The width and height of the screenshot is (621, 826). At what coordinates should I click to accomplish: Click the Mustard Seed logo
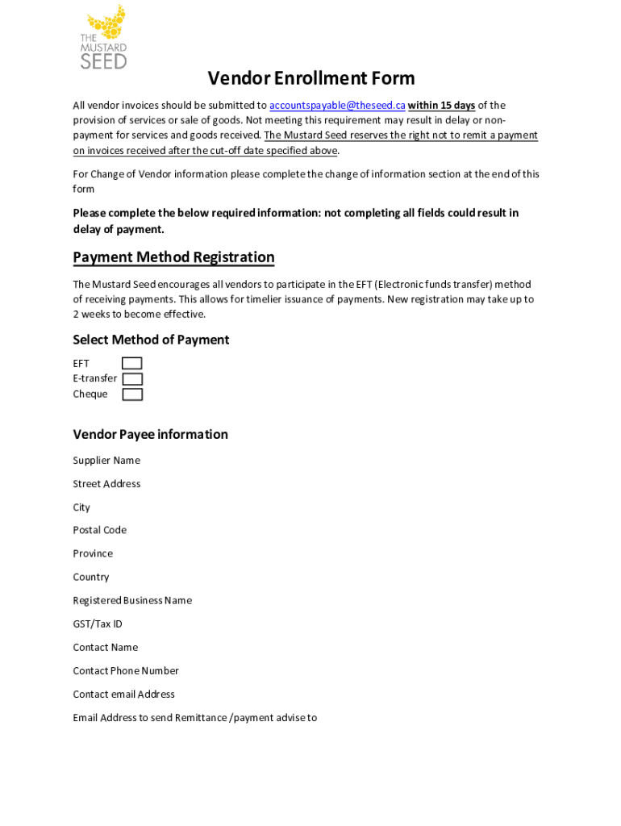coord(103,37)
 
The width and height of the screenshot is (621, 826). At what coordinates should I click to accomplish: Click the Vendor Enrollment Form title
coord(311,78)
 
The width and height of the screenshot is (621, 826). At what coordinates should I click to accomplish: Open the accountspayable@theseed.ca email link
coord(337,106)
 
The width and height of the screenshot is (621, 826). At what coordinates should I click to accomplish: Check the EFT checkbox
coord(132,364)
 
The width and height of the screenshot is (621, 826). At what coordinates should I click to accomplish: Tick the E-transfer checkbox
coord(132,379)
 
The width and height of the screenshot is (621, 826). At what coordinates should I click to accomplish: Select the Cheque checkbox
coord(132,394)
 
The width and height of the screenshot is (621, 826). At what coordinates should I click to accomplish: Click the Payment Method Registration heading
coord(173,257)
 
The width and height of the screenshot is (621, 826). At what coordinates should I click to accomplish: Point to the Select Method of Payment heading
coord(151,340)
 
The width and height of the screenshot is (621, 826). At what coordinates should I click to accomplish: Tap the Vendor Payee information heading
coord(150,435)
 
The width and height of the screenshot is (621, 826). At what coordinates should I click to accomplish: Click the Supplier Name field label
coord(106,461)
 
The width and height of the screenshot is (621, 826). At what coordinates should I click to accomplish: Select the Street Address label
coord(106,484)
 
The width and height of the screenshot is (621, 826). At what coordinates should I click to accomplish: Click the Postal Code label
coord(99,530)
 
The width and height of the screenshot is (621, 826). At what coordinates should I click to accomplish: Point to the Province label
coord(93,553)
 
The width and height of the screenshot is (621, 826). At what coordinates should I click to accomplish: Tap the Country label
coord(90,577)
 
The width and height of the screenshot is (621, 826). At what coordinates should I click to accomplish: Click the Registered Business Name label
coord(132,600)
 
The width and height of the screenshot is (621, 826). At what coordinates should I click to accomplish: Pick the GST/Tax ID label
coord(98,624)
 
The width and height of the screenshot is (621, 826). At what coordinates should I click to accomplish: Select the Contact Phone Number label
coord(126,670)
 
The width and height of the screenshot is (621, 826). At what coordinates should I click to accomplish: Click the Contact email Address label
coord(123,694)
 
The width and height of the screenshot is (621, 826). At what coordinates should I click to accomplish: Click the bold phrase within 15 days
coord(441,106)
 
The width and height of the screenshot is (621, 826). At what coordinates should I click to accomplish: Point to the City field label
coord(81,507)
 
